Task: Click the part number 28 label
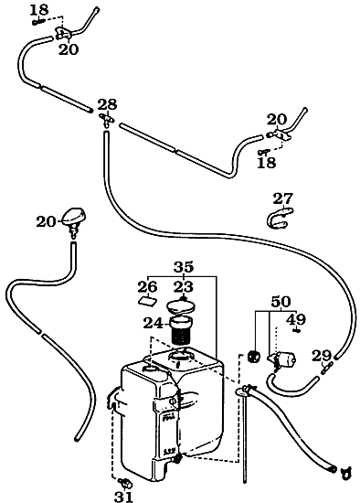tap(107, 103)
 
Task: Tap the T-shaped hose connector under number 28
tap(105, 120)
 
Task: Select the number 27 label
tap(283, 198)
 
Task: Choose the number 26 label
tap(148, 286)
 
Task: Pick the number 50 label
tap(280, 302)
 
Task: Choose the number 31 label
tap(123, 496)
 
